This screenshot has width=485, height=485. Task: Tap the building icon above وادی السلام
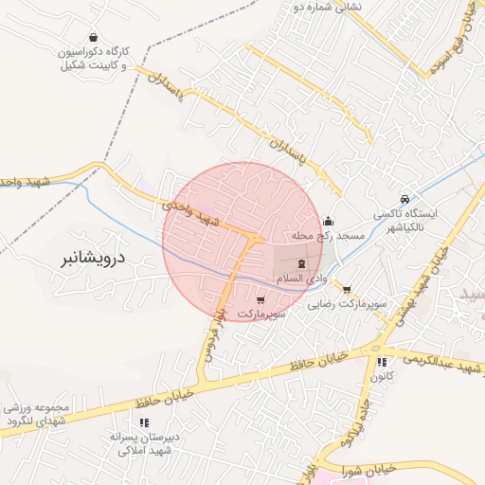(x=301, y=264)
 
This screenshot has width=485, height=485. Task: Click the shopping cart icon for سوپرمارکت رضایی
(x=347, y=290)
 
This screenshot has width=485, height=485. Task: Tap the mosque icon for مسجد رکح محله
(x=328, y=221)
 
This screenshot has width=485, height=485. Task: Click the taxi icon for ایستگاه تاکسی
(x=405, y=200)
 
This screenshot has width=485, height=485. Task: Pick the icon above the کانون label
(x=382, y=362)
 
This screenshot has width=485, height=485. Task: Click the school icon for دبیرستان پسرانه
(x=132, y=422)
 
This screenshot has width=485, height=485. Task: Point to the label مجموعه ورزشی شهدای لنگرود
(x=36, y=413)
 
